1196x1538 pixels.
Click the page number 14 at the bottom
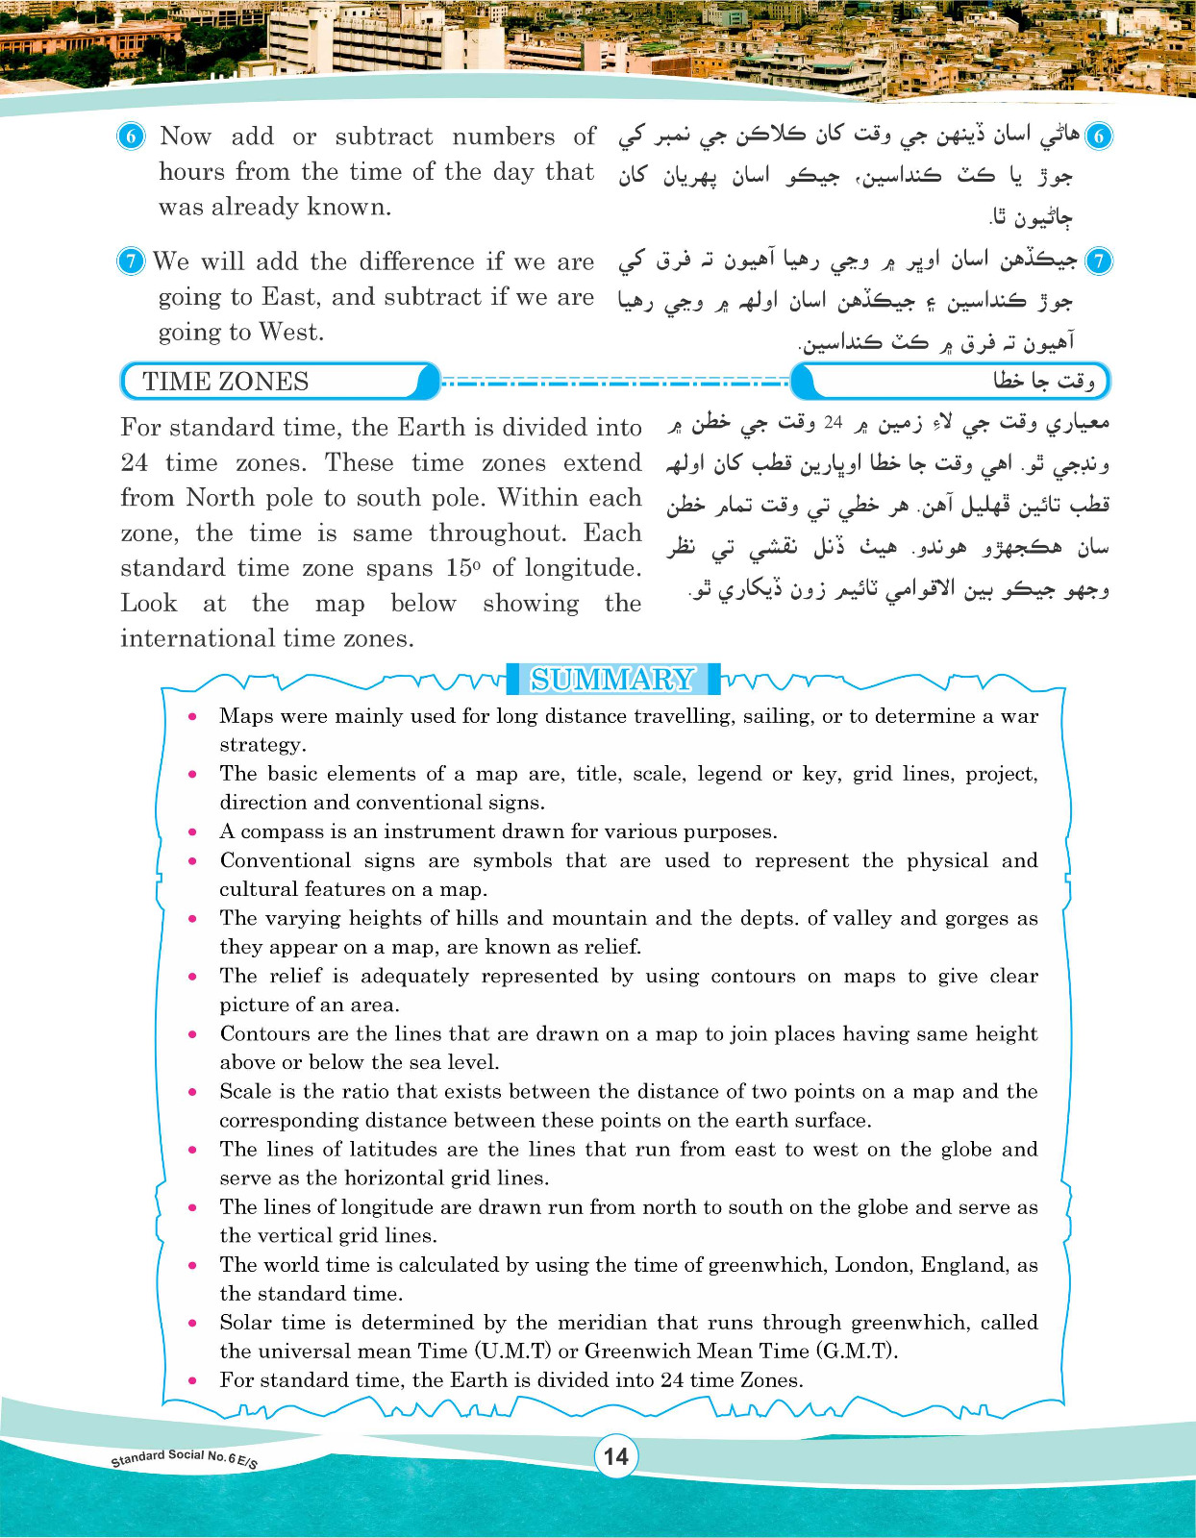point(615,1456)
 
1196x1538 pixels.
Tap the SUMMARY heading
point(612,680)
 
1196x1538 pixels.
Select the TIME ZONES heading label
point(226,382)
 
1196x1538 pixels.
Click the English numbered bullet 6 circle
point(132,136)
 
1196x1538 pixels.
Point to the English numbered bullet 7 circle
point(131,261)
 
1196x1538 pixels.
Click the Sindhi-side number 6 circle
point(1098,136)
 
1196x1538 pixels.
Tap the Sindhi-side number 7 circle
point(1098,261)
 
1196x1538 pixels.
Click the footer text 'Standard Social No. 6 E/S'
point(184,1458)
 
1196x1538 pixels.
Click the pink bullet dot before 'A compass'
point(193,832)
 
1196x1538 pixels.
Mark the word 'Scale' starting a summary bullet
point(245,1091)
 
